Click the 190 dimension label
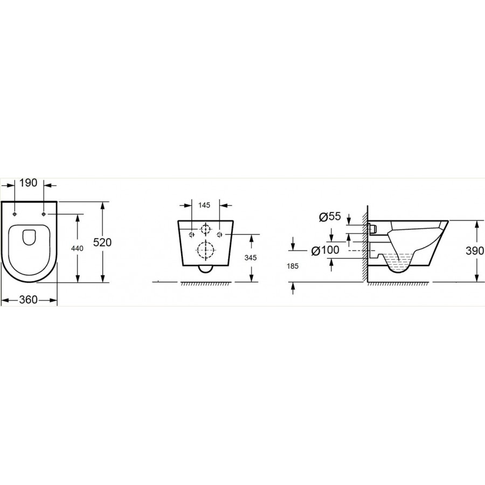pos(29,183)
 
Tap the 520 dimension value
pos(102,242)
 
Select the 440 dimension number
pos(77,248)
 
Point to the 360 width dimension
pos(29,300)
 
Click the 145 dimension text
pos(204,205)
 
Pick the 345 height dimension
pos(250,258)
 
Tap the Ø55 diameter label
pos(330,217)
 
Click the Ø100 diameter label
pos(325,250)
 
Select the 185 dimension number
pos(292,266)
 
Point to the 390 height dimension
pos(475,251)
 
